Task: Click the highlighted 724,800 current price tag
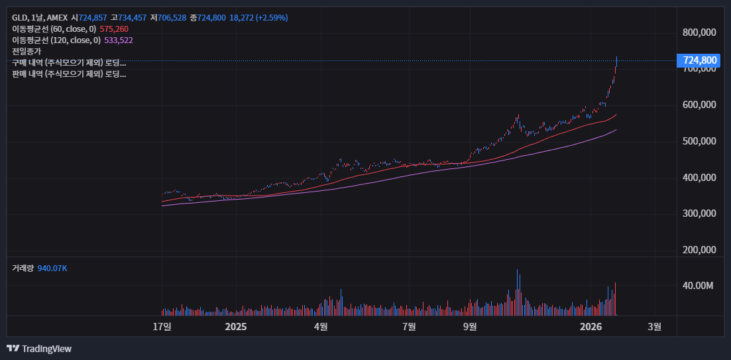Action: click(700, 60)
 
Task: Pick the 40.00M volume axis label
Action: click(699, 286)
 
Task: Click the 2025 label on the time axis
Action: click(236, 326)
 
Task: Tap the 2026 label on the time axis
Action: click(590, 326)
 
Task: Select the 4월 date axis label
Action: click(321, 326)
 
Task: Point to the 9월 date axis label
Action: click(470, 326)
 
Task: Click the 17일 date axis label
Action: click(162, 326)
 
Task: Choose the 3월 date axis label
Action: click(654, 326)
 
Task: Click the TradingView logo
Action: click(39, 349)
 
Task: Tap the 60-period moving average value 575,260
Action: click(114, 29)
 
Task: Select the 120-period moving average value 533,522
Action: click(119, 40)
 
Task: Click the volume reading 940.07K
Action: click(52, 268)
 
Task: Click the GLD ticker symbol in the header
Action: click(20, 17)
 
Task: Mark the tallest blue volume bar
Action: click(518, 292)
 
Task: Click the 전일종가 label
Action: click(27, 51)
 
